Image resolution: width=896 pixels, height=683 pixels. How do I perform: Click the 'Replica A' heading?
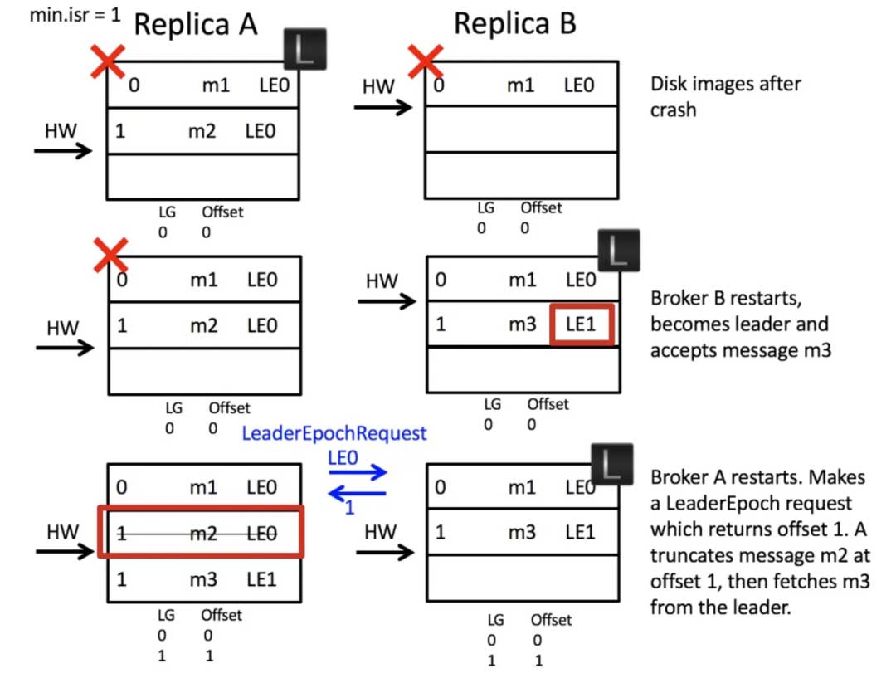point(196,25)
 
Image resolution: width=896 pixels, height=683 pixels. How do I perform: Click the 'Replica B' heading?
point(514,24)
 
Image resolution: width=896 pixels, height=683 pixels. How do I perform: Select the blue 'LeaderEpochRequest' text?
point(334,433)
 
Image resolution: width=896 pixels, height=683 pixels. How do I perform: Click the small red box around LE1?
point(582,324)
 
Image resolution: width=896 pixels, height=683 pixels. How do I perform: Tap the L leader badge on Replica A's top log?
point(304,49)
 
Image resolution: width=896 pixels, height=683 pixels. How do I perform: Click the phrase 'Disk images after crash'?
point(725,95)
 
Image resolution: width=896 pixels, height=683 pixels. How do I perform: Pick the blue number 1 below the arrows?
point(349,508)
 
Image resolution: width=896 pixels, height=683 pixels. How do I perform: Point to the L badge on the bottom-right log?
point(611,465)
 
